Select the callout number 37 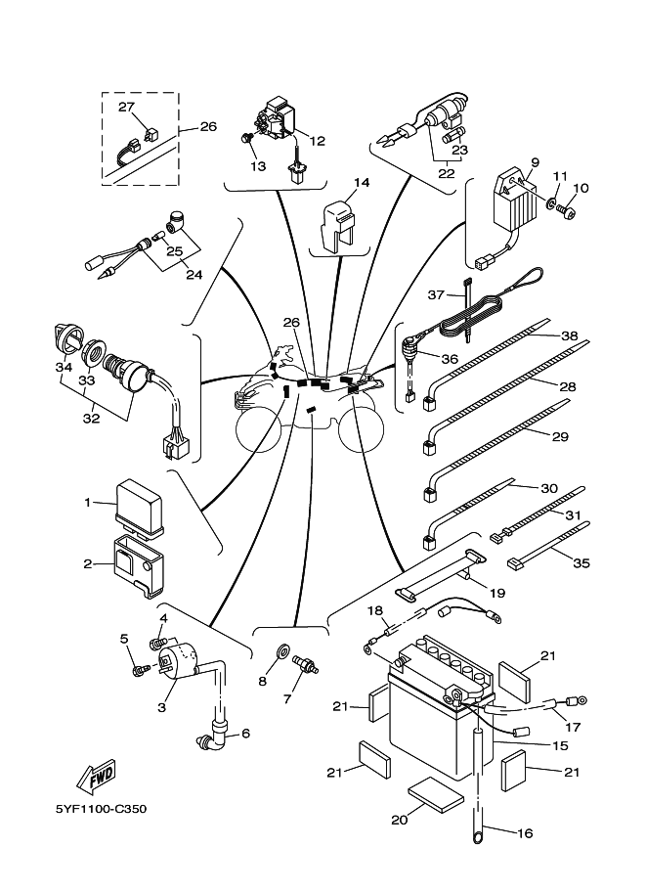point(437,293)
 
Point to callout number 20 point(398,820)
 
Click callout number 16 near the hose point(525,833)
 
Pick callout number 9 point(535,162)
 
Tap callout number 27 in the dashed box point(126,107)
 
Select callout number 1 point(87,502)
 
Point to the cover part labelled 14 point(336,220)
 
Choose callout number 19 point(497,593)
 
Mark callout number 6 point(244,734)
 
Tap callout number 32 point(90,419)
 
